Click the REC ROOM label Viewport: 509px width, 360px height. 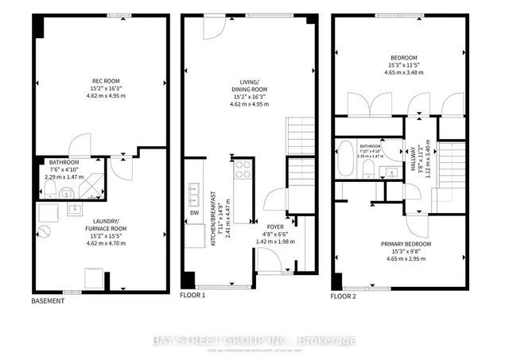[x=99, y=80]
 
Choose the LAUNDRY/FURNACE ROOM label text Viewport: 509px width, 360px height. [x=99, y=224]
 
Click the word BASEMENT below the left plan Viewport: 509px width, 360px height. [x=48, y=300]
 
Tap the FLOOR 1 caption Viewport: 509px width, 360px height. [x=193, y=296]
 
